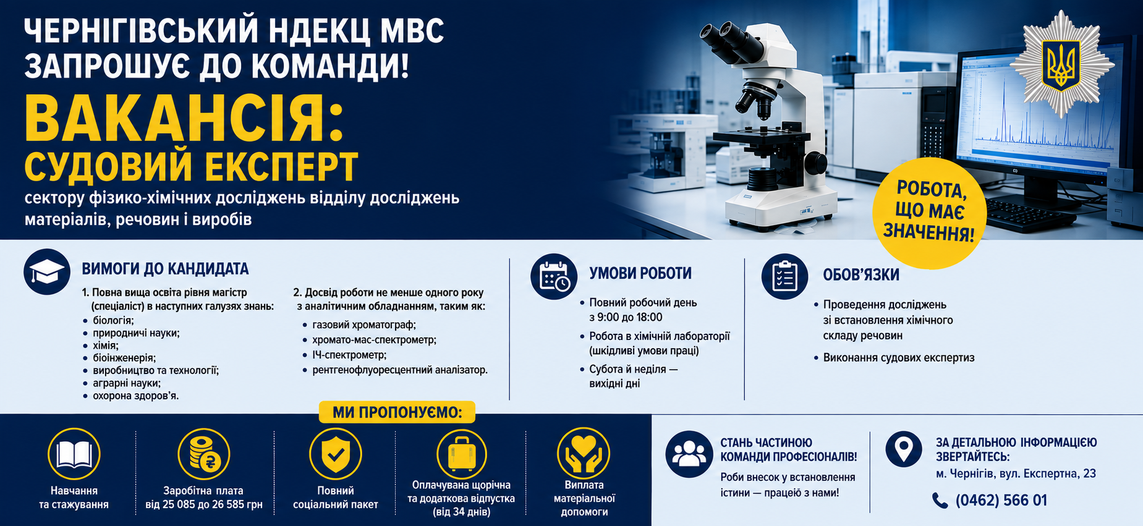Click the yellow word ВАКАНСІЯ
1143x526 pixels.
click(184, 119)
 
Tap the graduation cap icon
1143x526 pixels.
click(47, 272)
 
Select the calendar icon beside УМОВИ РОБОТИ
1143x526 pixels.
click(554, 277)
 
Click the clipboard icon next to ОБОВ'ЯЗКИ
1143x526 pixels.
click(784, 276)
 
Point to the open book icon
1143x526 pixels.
click(74, 454)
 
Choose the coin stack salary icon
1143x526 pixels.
click(204, 454)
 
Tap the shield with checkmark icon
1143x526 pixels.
click(336, 454)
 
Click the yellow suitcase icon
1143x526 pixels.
click(461, 454)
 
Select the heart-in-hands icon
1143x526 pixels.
click(584, 453)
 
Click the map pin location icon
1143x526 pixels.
click(904, 449)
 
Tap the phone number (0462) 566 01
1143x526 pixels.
click(1001, 500)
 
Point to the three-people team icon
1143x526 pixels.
click(689, 454)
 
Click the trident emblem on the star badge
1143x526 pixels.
click(1061, 64)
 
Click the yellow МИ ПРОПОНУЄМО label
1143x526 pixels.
click(397, 412)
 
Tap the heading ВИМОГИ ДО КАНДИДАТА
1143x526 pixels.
click(165, 269)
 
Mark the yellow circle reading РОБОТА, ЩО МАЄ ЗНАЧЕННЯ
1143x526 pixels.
click(930, 213)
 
